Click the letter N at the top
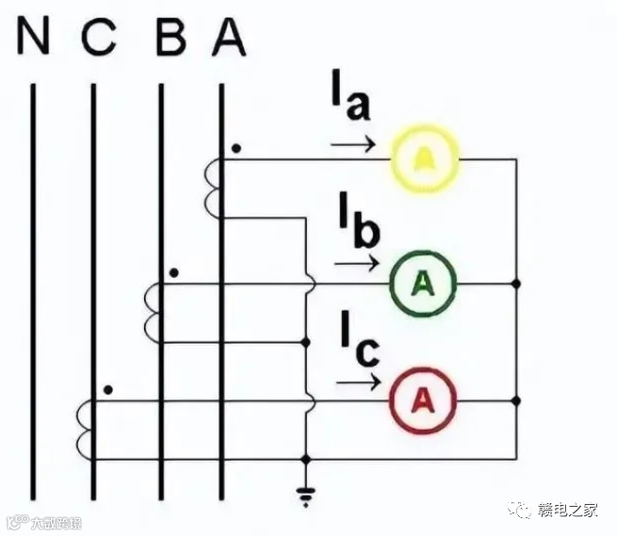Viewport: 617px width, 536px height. point(34,38)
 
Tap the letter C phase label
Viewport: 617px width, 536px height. point(99,38)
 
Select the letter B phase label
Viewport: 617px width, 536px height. point(170,38)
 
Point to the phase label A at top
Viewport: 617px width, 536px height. point(229,38)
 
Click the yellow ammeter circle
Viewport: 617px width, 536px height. point(425,160)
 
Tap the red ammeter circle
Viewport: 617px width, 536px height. point(424,400)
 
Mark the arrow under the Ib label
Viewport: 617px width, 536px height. point(356,264)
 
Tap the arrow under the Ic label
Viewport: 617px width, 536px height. point(359,383)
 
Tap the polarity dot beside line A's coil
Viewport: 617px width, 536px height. point(235,149)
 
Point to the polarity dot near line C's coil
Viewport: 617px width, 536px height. point(110,389)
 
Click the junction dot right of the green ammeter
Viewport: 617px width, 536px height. point(516,283)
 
